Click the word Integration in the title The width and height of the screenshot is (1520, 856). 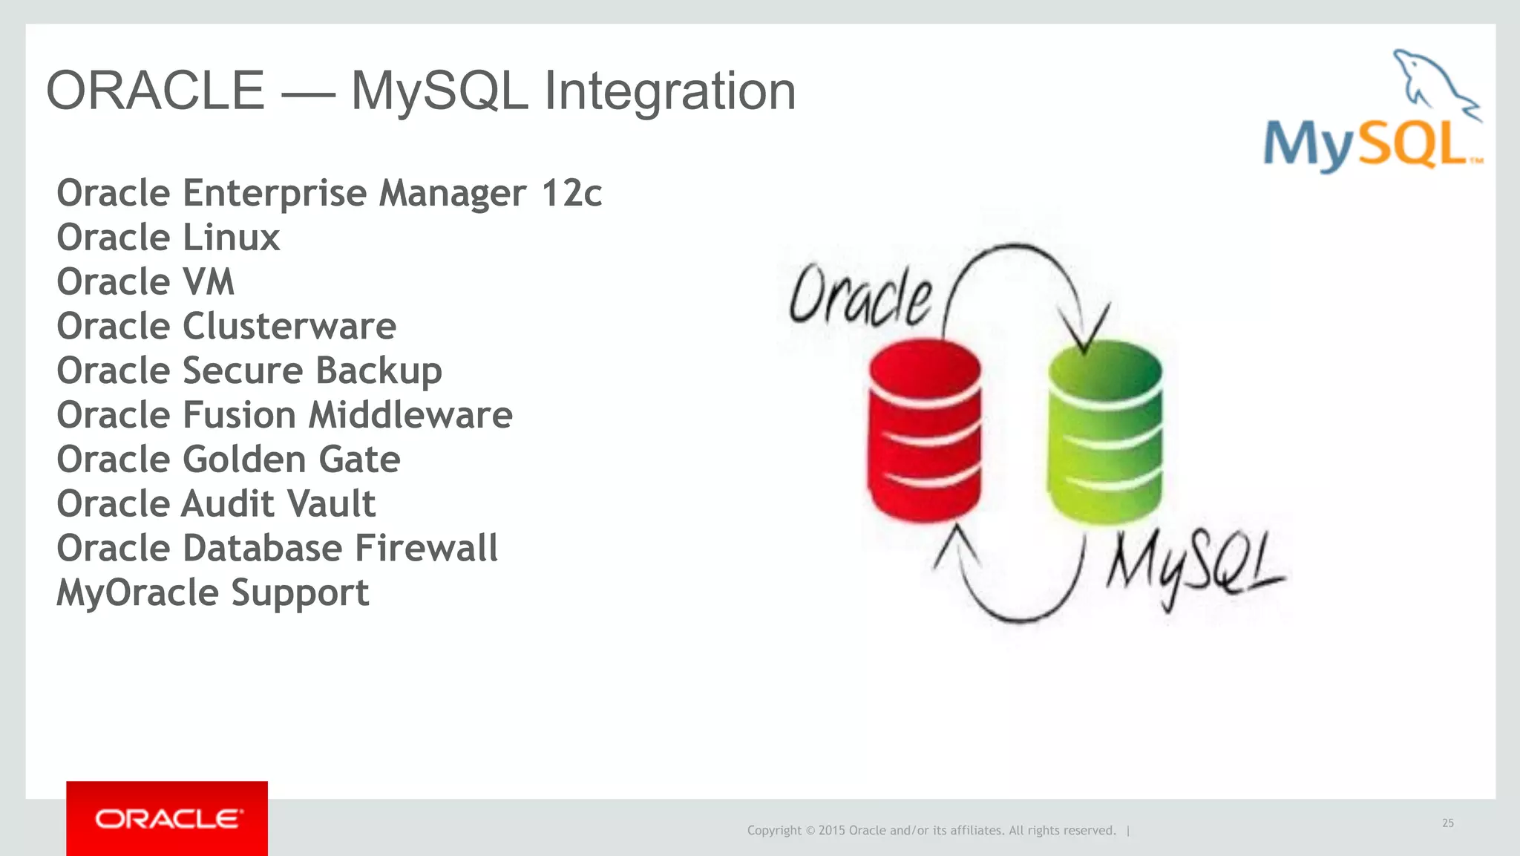(669, 91)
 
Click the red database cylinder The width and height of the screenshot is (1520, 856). (925, 431)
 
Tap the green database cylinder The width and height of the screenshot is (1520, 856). (1105, 432)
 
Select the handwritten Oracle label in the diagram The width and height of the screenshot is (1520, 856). (860, 296)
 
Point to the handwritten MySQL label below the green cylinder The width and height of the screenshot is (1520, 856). (1194, 569)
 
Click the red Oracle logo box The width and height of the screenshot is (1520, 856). (167, 818)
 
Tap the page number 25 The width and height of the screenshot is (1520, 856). (1448, 823)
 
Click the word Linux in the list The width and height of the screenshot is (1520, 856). (231, 238)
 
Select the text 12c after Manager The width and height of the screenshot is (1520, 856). (571, 194)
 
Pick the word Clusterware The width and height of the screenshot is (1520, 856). (289, 327)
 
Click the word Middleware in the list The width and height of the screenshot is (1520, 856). (410, 415)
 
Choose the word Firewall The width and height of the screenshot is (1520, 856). (426, 549)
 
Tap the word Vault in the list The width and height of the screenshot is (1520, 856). (331, 504)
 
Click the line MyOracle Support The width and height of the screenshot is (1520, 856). (213, 593)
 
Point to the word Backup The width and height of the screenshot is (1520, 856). (379, 371)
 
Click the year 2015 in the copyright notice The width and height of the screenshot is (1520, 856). (831, 831)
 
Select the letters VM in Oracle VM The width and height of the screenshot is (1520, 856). (209, 283)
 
